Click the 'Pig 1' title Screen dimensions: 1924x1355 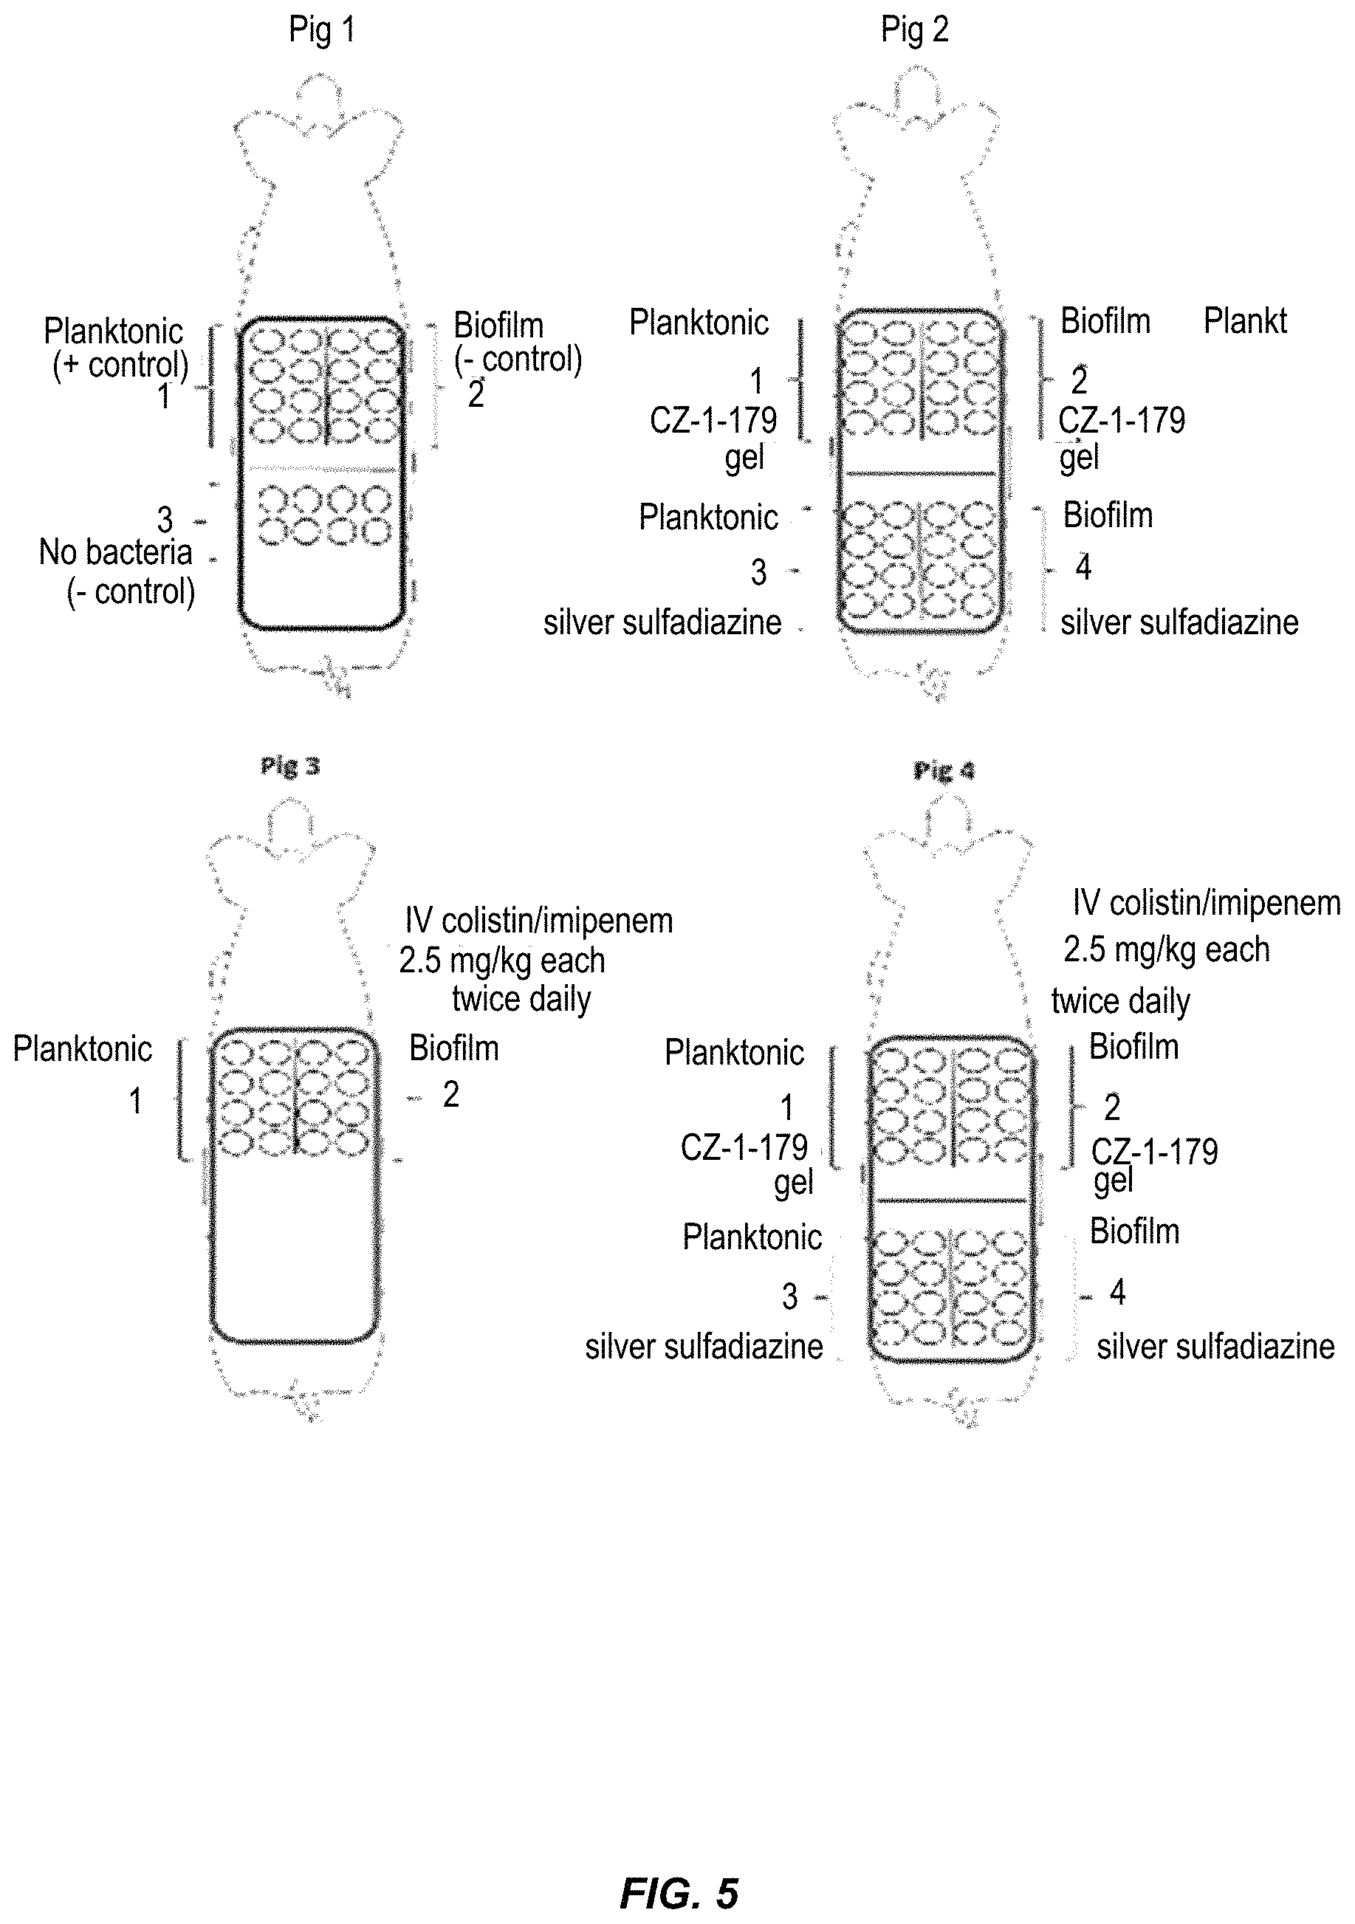pyautogui.click(x=322, y=31)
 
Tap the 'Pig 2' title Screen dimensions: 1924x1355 pyautogui.click(x=914, y=31)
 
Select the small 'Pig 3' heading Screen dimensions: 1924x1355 pyautogui.click(x=290, y=766)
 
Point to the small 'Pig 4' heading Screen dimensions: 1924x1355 pyautogui.click(x=944, y=770)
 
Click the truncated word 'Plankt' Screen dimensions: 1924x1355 pyautogui.click(x=1245, y=321)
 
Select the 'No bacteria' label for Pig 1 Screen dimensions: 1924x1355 pyautogui.click(x=116, y=552)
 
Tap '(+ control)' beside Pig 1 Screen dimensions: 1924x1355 pyautogui.click(x=120, y=365)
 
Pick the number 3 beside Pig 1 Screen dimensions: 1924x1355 pyautogui.click(x=165, y=520)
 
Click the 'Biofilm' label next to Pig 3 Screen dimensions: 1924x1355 pyautogui.click(x=453, y=1048)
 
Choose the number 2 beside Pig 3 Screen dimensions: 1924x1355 pyautogui.click(x=451, y=1095)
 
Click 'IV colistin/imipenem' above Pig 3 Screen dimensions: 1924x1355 pyautogui.click(x=539, y=921)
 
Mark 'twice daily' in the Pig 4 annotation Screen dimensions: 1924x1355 pyautogui.click(x=1120, y=1001)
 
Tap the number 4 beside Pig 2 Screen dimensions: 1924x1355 pyautogui.click(x=1083, y=568)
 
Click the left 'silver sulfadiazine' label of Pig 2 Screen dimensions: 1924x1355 pyautogui.click(x=662, y=622)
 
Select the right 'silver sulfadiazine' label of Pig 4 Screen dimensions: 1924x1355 pyautogui.click(x=1215, y=1347)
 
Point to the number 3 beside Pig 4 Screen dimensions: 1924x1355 pyautogui.click(x=789, y=1296)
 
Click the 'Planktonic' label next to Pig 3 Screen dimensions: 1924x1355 pyautogui.click(x=82, y=1049)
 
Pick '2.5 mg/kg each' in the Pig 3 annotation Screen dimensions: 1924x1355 pyautogui.click(x=502, y=961)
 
